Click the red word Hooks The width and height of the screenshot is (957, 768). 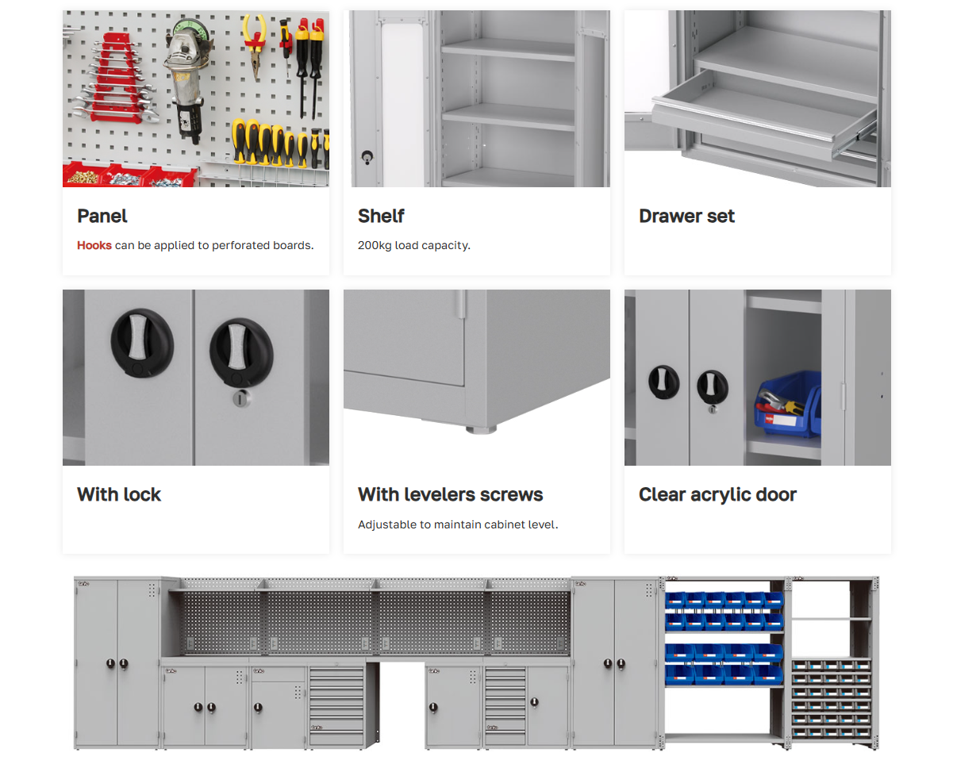coord(94,245)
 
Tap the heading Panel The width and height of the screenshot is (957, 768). coord(102,216)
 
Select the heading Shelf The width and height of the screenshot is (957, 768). coord(381,216)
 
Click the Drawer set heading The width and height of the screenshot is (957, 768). coord(686,216)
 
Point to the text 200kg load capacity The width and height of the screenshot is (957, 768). coord(414,245)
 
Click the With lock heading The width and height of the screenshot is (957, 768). coord(119,494)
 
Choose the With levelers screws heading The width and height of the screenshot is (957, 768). coord(451,494)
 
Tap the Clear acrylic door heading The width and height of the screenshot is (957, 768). coord(717,495)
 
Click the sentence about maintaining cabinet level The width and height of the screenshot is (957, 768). coord(458,524)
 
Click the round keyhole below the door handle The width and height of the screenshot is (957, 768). coord(240,398)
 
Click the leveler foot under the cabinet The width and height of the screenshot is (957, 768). coord(481,429)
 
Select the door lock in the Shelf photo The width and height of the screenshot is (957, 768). coord(367,158)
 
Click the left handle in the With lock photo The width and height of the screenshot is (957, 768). coord(142,343)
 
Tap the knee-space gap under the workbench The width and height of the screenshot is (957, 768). coord(402,705)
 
